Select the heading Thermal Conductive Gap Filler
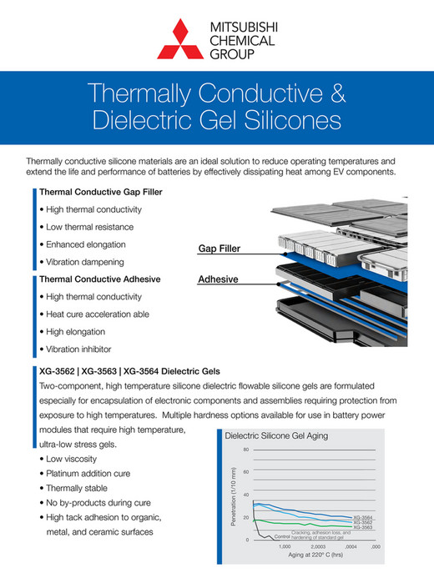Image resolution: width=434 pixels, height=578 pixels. [x=101, y=192]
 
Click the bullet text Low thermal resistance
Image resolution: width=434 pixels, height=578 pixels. [x=89, y=227]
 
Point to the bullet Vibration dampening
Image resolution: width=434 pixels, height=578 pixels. [x=87, y=262]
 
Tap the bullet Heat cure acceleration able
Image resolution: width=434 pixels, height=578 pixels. [x=98, y=314]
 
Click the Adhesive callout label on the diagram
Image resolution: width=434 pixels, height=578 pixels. [x=218, y=279]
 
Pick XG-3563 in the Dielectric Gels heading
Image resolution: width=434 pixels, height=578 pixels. [x=118, y=369]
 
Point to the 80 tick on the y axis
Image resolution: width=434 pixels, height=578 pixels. [x=245, y=450]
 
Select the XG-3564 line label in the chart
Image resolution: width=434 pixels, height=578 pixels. [x=362, y=517]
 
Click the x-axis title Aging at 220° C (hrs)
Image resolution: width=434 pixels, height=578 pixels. [x=316, y=555]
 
